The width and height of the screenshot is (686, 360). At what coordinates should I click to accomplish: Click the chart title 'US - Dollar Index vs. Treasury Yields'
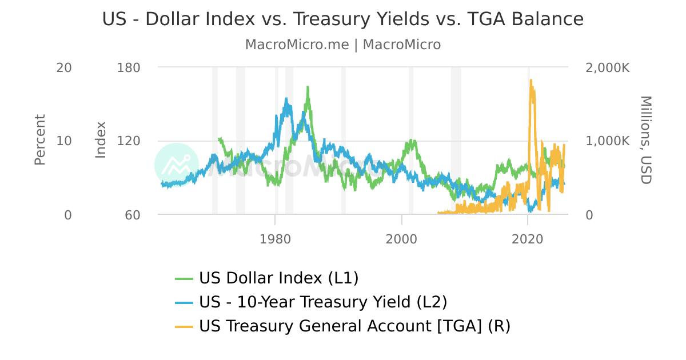click(343, 19)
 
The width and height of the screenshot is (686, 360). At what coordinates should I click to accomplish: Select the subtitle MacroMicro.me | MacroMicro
click(343, 45)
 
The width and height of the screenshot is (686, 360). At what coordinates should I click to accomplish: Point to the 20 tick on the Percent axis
click(64, 67)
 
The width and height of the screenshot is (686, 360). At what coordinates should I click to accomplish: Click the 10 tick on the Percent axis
click(64, 141)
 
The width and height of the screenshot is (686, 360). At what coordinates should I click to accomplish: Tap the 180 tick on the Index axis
click(129, 67)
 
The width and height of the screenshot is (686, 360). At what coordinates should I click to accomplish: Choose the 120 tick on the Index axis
click(129, 141)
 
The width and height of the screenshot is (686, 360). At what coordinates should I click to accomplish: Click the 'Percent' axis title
click(39, 140)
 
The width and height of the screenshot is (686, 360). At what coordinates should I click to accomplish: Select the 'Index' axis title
click(101, 140)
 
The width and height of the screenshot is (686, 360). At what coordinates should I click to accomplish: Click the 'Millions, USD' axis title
click(645, 140)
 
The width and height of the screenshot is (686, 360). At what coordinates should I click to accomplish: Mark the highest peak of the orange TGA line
click(531, 81)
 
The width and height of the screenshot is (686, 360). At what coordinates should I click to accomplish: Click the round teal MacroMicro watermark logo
click(176, 165)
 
